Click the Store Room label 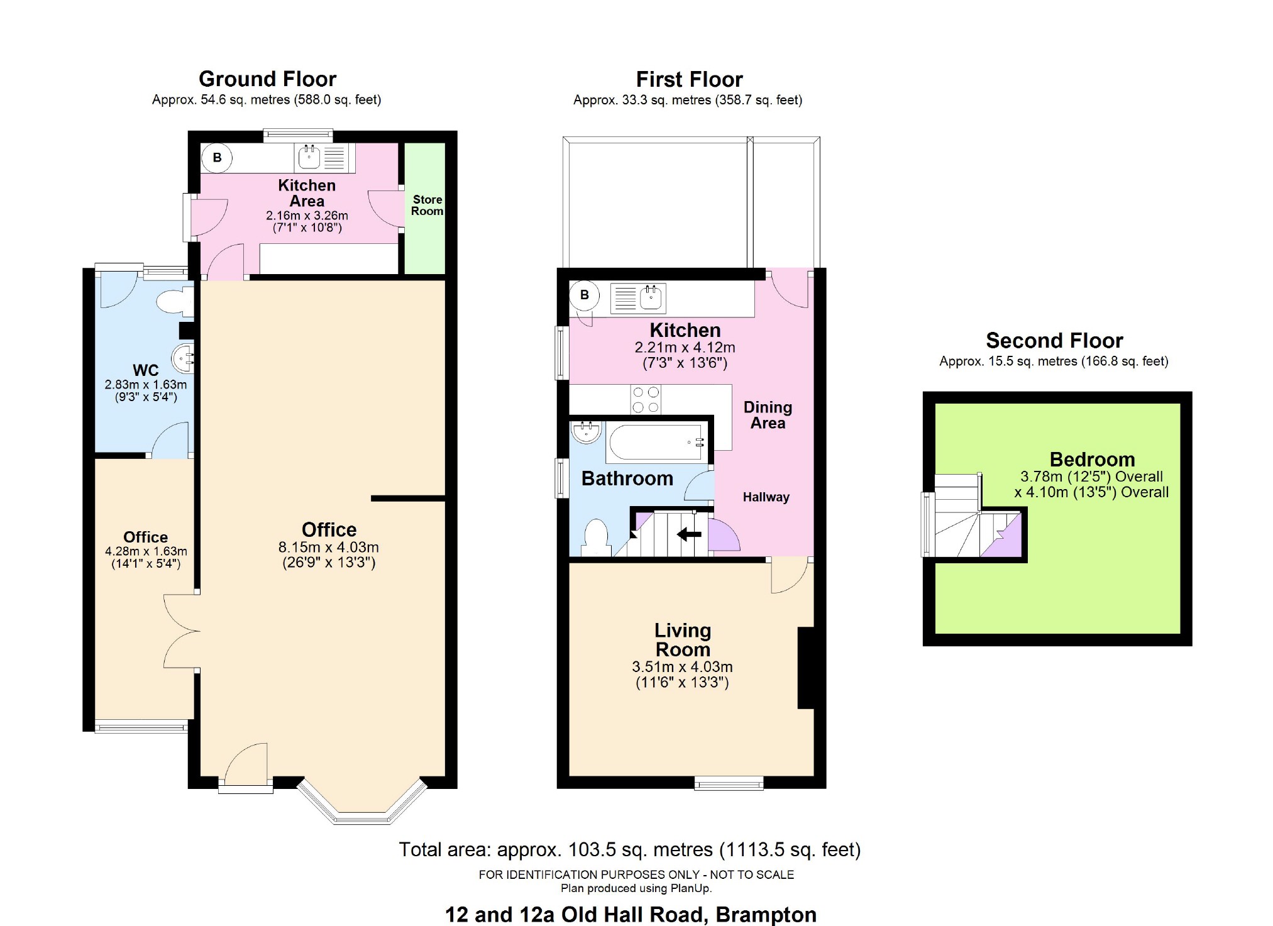click(x=427, y=205)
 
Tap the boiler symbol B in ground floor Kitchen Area click(x=217, y=158)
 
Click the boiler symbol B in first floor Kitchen click(x=585, y=295)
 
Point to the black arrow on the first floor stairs click(x=689, y=534)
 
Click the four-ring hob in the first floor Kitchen click(x=646, y=400)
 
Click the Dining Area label click(x=768, y=415)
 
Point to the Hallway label click(x=766, y=497)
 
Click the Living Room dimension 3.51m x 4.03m click(x=682, y=667)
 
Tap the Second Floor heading click(x=1054, y=341)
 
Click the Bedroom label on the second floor click(x=1092, y=460)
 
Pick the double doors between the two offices click(x=181, y=631)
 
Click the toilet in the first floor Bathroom click(x=596, y=538)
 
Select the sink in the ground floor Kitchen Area click(x=309, y=157)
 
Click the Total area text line click(x=629, y=850)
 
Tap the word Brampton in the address click(x=766, y=915)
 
